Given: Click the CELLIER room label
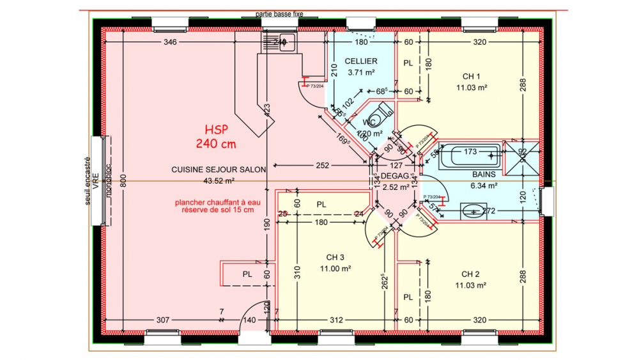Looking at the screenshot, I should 360,61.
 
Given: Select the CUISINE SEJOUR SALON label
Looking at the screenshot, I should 218,169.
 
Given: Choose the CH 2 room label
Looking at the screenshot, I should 472,274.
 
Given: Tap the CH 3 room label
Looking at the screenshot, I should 339,257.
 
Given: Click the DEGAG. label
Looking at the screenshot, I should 394,175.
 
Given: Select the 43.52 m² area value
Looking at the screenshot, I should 218,181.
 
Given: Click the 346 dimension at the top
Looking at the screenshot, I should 170,42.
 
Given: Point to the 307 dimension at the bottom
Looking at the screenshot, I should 164,320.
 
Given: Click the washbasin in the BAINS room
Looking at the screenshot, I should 472,210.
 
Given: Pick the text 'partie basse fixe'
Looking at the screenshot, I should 279,13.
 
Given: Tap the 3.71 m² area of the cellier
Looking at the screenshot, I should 360,72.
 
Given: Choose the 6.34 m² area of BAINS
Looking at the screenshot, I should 484,185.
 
